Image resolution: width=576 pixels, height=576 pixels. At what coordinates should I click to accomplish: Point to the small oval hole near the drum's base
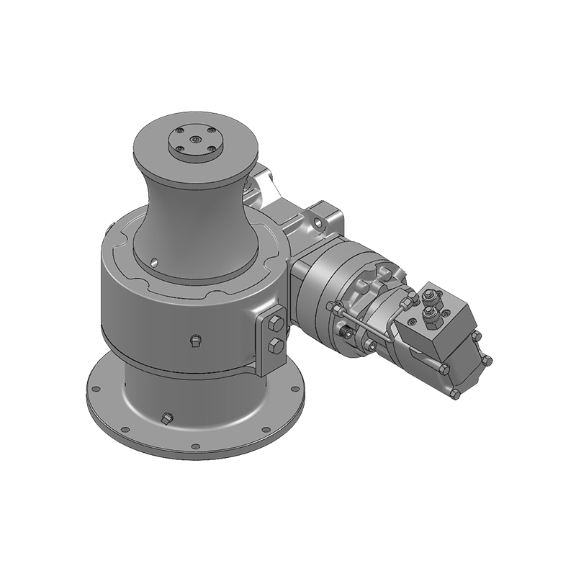coord(155,261)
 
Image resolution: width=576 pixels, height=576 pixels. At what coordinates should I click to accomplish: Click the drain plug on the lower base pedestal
coord(168,417)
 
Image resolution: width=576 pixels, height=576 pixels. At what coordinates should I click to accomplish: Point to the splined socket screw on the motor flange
coord(346,333)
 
